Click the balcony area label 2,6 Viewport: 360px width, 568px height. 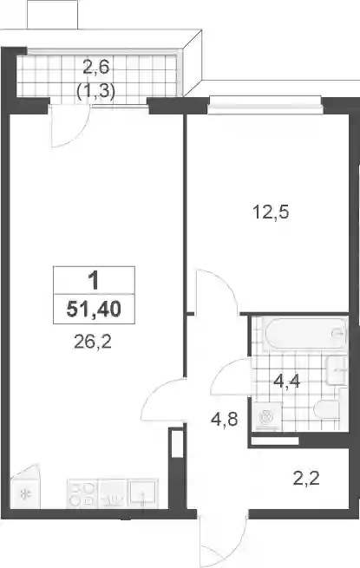coord(96,68)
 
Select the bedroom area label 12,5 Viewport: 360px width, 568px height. coord(271,212)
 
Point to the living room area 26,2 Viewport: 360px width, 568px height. coord(93,342)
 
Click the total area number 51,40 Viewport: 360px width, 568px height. coord(94,310)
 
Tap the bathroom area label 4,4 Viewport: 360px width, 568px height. coord(287,381)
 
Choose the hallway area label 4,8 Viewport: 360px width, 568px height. coord(225,420)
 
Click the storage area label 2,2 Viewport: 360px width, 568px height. coord(306,478)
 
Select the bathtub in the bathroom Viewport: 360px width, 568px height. coord(305,333)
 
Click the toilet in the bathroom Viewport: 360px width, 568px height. coord(326,410)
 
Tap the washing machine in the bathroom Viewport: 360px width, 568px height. coord(267,416)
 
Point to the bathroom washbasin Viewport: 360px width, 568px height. coord(337,370)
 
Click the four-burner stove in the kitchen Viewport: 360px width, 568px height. coord(82,493)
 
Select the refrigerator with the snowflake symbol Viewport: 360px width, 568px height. coord(25,490)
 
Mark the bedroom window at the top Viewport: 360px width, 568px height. coord(265,106)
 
